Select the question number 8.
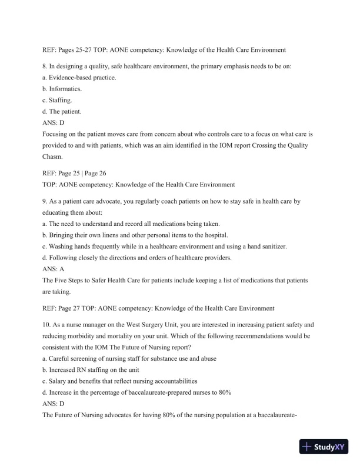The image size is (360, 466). tap(46, 66)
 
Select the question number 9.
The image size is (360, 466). tap(46, 201)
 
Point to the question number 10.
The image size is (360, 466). tap(48, 325)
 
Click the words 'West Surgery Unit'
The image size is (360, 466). tap(148, 325)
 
